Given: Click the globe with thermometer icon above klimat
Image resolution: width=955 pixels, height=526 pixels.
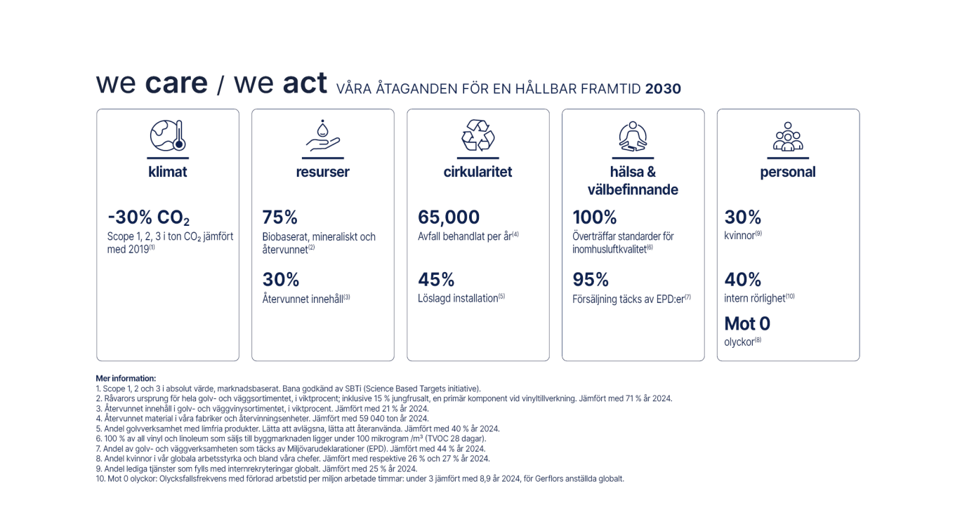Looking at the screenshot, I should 167,135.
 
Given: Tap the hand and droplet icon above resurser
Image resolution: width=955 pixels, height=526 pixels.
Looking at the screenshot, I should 323,136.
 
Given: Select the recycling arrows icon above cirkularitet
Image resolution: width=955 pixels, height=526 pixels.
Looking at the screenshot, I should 477,135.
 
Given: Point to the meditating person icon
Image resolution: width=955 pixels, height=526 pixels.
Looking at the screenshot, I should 633,136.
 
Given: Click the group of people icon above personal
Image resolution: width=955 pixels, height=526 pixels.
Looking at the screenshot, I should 787,136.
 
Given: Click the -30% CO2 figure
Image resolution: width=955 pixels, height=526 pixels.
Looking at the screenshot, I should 148,217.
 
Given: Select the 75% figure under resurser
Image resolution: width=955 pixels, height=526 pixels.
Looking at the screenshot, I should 279,217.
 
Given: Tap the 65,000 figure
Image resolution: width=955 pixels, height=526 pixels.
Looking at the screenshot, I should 449,217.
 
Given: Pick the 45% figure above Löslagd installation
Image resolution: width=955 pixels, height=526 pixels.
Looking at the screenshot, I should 435,280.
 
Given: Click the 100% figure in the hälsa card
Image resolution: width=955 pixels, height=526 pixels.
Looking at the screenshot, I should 594,217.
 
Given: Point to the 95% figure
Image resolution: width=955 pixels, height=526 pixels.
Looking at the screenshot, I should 591,280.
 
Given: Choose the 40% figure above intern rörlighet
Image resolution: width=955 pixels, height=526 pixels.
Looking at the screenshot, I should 743,280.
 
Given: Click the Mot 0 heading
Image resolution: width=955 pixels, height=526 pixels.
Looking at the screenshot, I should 747,324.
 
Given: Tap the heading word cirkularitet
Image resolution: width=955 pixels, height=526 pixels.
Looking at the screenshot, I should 477,172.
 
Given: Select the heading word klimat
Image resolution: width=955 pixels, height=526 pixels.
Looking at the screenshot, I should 168,172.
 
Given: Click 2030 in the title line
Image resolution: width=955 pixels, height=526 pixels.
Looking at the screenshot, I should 663,89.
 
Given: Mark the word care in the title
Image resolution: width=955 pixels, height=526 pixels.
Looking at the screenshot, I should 176,83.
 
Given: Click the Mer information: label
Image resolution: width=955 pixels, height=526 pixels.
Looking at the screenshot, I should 126,379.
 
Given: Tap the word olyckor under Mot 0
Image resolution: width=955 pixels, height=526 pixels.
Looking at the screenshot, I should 739,342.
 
